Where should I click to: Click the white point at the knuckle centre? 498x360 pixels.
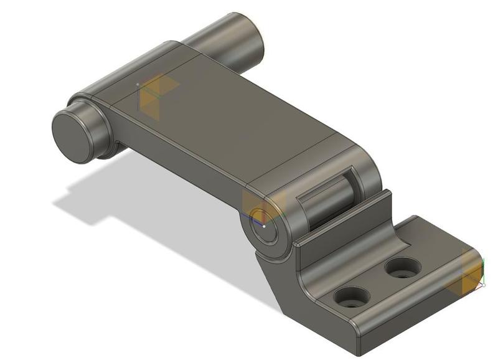[x=264, y=227]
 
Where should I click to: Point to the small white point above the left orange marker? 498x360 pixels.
[x=138, y=84]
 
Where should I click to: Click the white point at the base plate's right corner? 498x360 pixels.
[x=484, y=286]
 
